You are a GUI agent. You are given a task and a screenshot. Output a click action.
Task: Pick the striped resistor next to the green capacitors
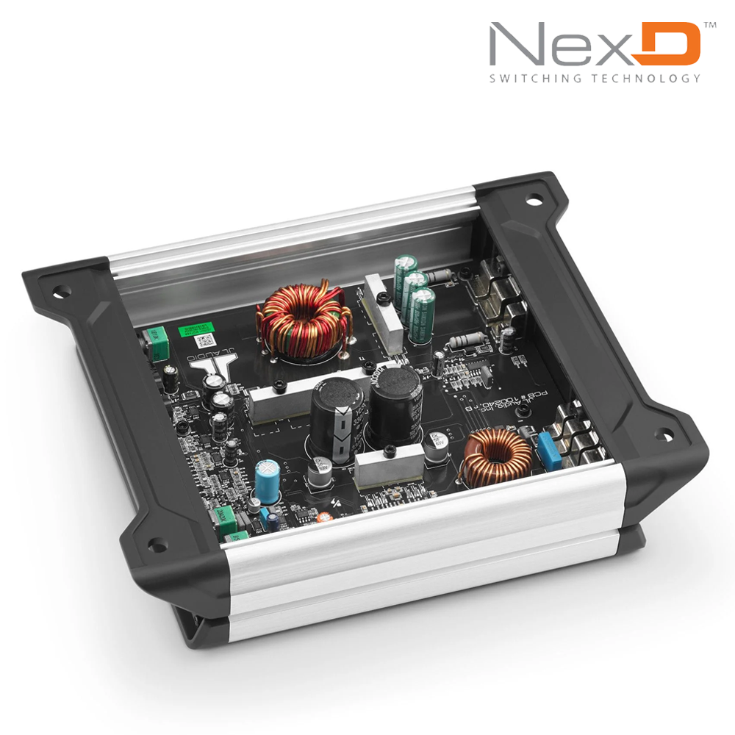pos(442,276)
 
